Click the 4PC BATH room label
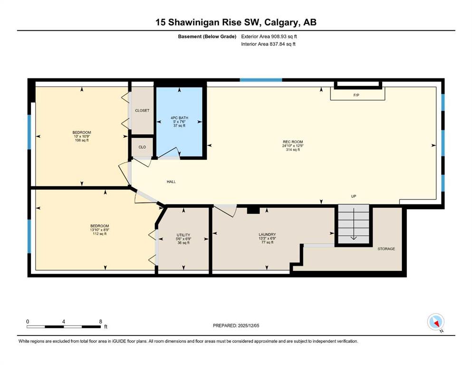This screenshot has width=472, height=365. (x=179, y=118)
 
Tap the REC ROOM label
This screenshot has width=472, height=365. (x=293, y=142)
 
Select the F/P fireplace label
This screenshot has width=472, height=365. (x=356, y=95)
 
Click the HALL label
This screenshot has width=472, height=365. (x=171, y=182)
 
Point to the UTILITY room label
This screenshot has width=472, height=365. (x=183, y=235)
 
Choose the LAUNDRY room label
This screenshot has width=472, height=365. (x=267, y=234)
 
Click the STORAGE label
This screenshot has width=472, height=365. (x=386, y=249)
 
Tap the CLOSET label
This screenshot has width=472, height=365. (x=142, y=110)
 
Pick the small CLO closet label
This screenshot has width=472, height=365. (x=142, y=147)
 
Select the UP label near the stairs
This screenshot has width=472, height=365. (x=354, y=196)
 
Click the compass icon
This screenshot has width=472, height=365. (x=435, y=322)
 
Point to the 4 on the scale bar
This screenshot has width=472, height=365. (x=64, y=321)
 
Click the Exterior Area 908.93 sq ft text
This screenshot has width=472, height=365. (x=269, y=37)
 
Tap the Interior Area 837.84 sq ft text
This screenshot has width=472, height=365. (x=268, y=44)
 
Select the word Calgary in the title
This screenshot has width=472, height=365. (x=280, y=22)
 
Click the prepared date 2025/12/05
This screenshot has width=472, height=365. (x=248, y=326)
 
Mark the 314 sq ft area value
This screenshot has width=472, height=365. (x=293, y=150)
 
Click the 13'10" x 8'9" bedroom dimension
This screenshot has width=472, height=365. (x=100, y=230)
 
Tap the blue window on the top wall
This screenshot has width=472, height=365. (x=261, y=80)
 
